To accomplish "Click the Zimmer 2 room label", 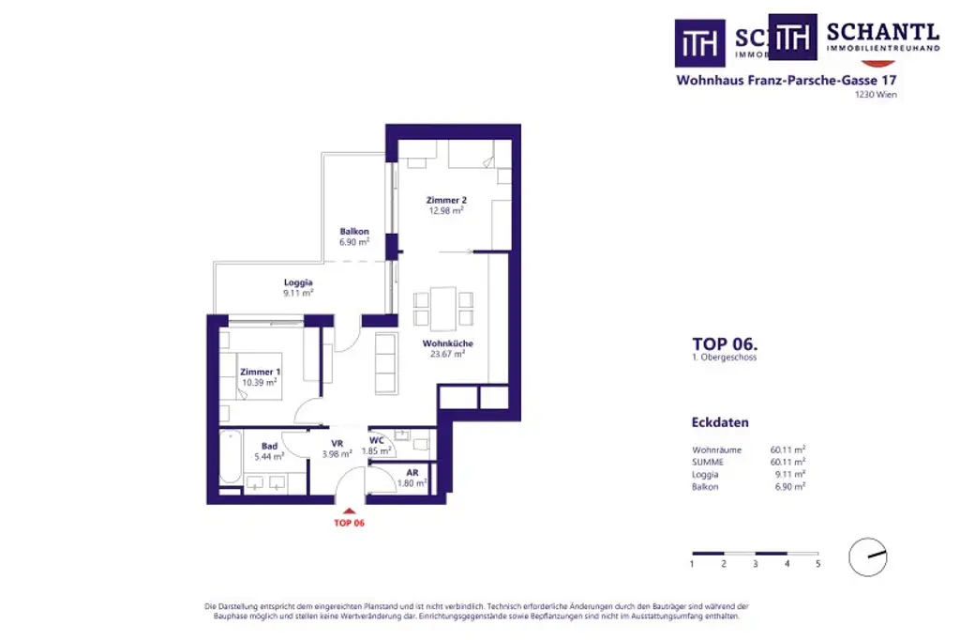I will coord(445,200).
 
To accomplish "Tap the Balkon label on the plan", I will coord(354,232).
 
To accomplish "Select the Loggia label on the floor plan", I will coord(298,282).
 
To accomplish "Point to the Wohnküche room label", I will coord(447,343).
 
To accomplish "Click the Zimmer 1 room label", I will coord(260,373).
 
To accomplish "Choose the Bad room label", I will coord(269,447).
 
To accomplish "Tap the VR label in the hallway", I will coord(337,444).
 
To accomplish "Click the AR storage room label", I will coord(412,473).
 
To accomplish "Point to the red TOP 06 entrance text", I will coord(349,523).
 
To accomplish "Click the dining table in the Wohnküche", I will coord(443,309).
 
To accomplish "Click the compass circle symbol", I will coord(867,557).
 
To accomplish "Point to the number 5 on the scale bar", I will coord(817,564).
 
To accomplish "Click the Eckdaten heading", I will coord(720,423).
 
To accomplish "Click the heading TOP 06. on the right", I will coord(725,343).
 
